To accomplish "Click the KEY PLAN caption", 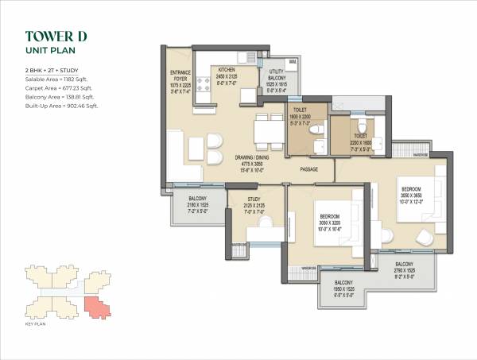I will pyautogui.click(x=37, y=323).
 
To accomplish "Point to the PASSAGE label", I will pyautogui.click(x=310, y=169).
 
